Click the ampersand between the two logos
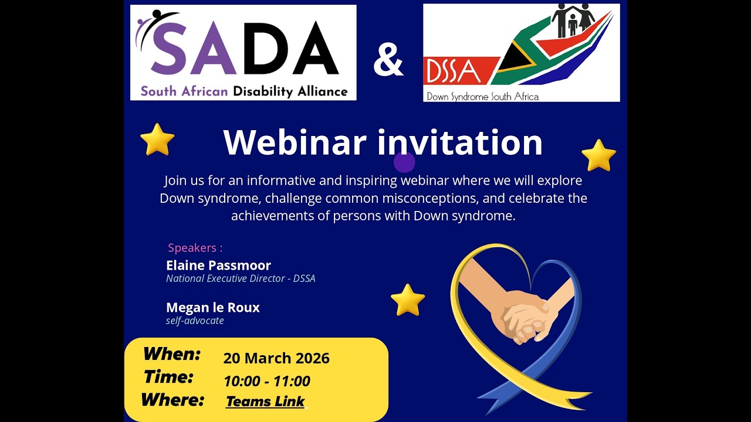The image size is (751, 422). coord(388,60)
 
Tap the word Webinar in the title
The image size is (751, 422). coord(295,142)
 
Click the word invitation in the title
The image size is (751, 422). coord(460,142)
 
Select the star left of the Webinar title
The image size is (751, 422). coord(157,139)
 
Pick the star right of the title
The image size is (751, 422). coord(598,155)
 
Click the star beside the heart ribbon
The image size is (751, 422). coord(408,300)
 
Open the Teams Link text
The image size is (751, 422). coord(265,401)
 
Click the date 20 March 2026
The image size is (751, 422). coord(276,358)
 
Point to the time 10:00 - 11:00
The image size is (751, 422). coord(267,382)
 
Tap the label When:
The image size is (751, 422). coord(172,354)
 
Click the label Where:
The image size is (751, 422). coord(172,400)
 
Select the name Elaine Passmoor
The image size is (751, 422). coord(218,266)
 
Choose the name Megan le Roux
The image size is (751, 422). coord(213,308)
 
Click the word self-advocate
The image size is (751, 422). coord(195,321)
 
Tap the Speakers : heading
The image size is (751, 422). coord(195,248)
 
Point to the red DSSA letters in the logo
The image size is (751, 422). coord(454,71)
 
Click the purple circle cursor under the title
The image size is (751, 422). coord(404,162)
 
